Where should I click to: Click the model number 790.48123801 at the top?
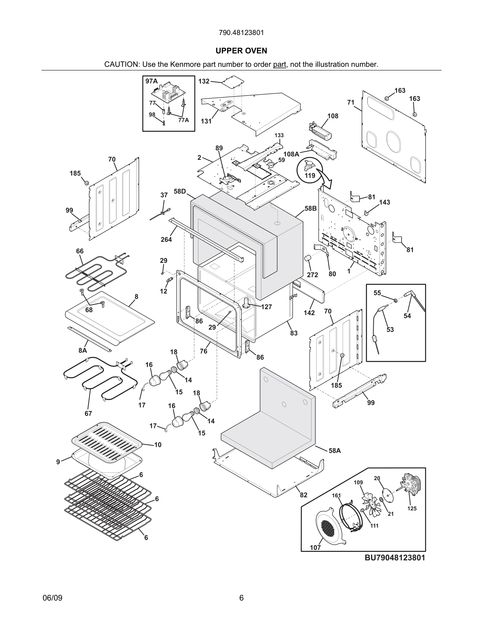click(x=241, y=33)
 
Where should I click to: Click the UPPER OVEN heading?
click(x=241, y=51)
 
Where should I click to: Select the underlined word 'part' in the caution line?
click(x=279, y=64)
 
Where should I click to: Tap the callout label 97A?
click(x=151, y=81)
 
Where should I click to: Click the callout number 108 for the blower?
click(x=333, y=116)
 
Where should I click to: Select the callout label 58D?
click(x=180, y=191)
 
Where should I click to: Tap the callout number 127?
click(x=266, y=307)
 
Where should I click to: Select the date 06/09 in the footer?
click(x=52, y=598)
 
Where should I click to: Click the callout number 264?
click(x=166, y=240)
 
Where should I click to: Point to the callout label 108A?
click(x=291, y=154)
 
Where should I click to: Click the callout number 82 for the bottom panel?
click(x=303, y=495)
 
